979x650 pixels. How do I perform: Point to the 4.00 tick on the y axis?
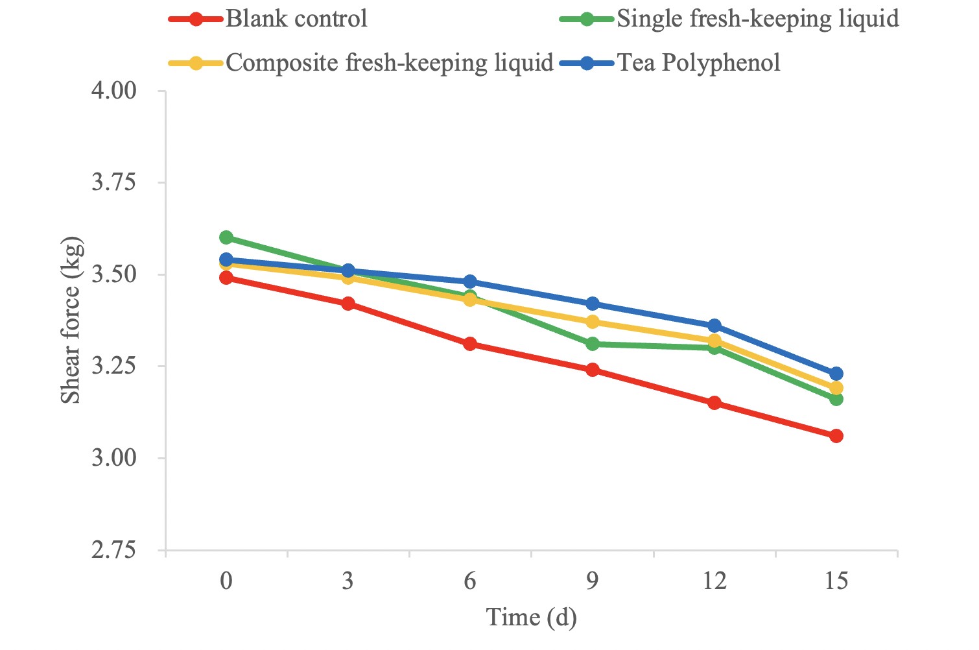pos(114,90)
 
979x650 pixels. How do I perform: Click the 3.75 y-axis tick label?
pos(114,182)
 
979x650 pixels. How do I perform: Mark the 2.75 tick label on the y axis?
pos(114,550)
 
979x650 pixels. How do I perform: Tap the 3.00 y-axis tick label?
pos(114,458)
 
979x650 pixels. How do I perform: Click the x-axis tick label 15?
pos(836,581)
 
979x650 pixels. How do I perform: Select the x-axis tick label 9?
pos(592,581)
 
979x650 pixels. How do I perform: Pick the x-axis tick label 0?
pos(226,581)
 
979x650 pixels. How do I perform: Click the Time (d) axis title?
pos(531,618)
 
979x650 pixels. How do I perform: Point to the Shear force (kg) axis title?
pos(71,320)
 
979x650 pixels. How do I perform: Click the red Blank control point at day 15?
pos(836,436)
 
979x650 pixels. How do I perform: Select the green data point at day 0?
pos(226,237)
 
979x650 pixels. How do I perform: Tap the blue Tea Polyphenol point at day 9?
pos(592,304)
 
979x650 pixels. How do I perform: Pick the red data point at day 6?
pos(470,344)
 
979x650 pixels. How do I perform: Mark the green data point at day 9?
pos(592,344)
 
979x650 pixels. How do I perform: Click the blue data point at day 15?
pos(836,374)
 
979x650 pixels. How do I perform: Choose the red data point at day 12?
pos(714,403)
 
